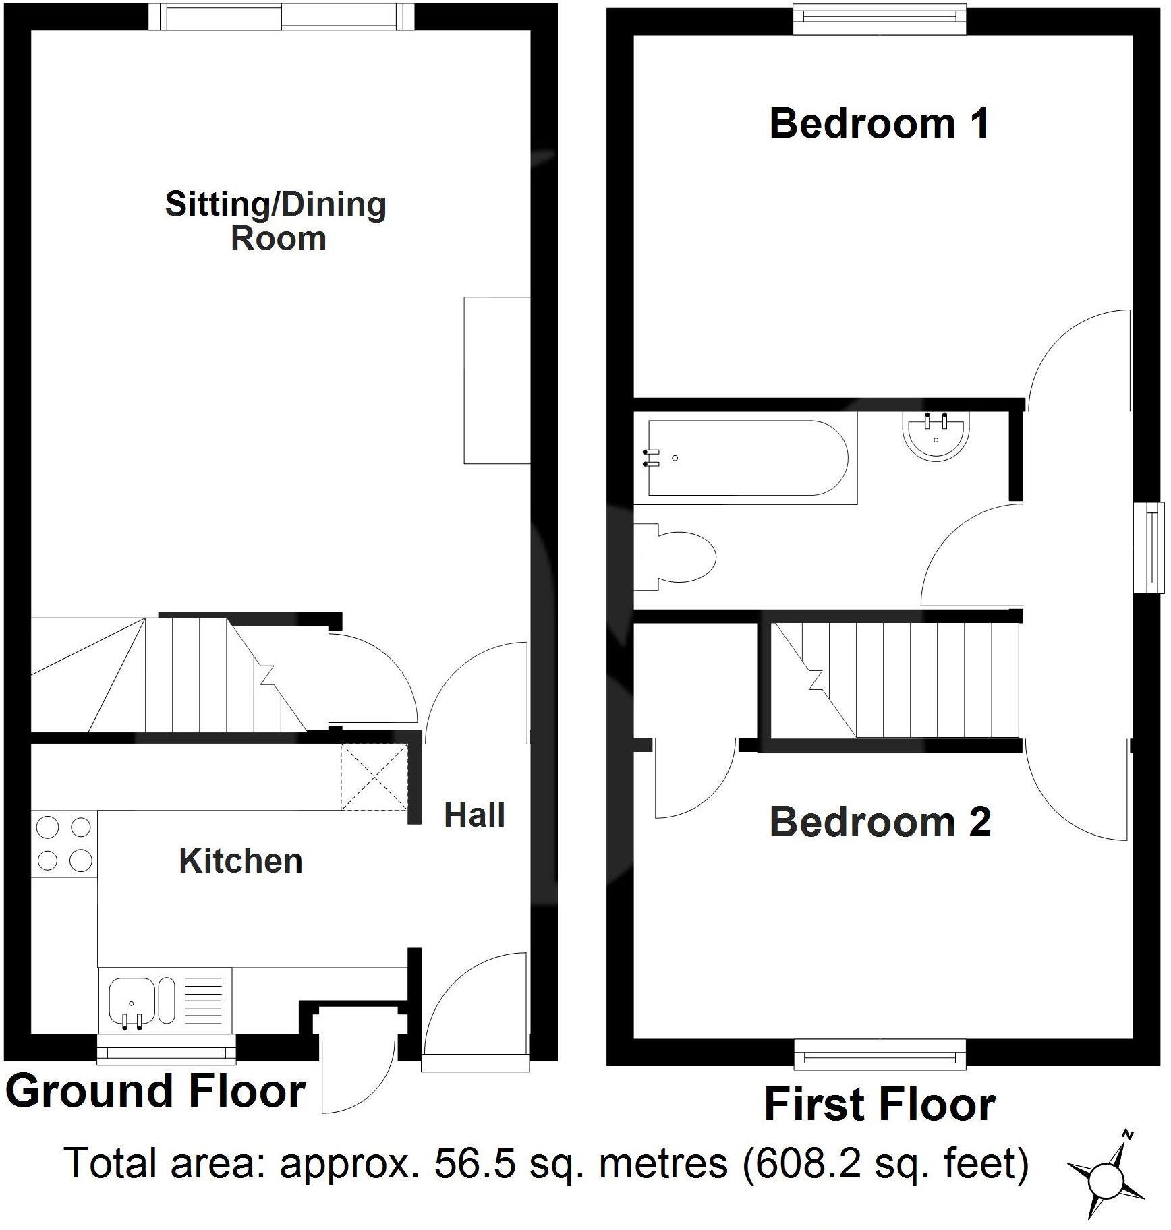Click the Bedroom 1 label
879,124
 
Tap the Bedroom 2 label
880,822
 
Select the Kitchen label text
241,861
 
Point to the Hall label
474,815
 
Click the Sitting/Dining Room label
276,221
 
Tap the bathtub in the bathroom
746,459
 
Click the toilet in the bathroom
675,558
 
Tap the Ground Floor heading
156,1092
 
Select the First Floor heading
880,1105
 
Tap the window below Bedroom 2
880,1054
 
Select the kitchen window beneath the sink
167,1049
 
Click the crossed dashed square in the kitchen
374,776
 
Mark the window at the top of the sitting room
281,17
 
